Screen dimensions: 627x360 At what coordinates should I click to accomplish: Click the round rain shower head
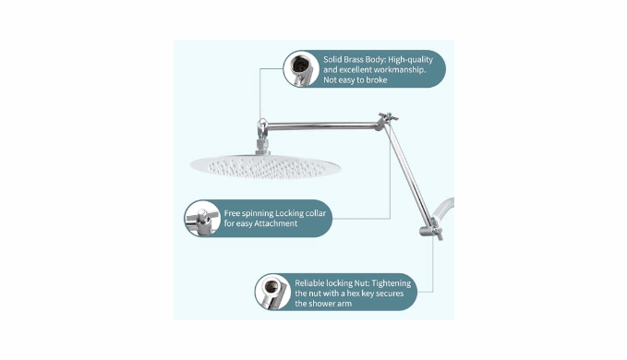[x=265, y=166]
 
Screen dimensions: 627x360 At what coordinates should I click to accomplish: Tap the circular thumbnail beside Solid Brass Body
[x=301, y=68]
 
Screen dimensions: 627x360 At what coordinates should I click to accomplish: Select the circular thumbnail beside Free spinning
[x=202, y=218]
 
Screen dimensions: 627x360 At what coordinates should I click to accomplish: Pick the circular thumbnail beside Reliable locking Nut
[x=273, y=292]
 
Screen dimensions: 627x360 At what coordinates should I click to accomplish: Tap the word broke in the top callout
[x=377, y=80]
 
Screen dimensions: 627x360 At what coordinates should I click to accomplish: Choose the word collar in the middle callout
[x=316, y=213]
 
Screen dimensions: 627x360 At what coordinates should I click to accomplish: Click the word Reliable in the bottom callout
[x=309, y=283]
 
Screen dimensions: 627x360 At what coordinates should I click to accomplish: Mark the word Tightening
[x=392, y=283]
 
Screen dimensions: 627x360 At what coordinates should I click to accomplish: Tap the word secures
[x=390, y=294]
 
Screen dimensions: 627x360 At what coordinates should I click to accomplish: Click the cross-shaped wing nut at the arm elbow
[x=387, y=119]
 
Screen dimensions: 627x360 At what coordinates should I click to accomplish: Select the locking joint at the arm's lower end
[x=431, y=230]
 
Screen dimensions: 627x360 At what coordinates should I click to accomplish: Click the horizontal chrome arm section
[x=322, y=126]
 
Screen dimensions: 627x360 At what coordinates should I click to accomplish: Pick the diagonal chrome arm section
[x=407, y=174]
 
